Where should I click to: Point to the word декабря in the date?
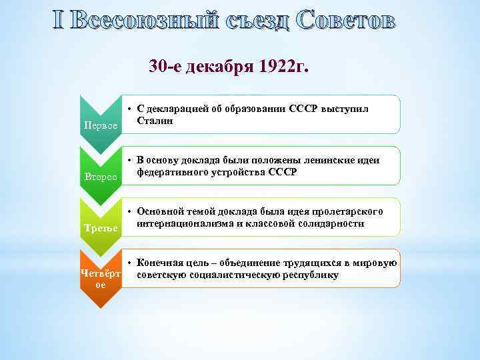217,66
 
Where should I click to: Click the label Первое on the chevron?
100,125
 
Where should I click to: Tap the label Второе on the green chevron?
100,177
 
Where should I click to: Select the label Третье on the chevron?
100,229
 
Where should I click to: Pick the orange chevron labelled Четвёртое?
100,279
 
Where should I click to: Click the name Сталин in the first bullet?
155,121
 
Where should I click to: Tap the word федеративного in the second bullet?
173,172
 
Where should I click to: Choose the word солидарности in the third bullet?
331,223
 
